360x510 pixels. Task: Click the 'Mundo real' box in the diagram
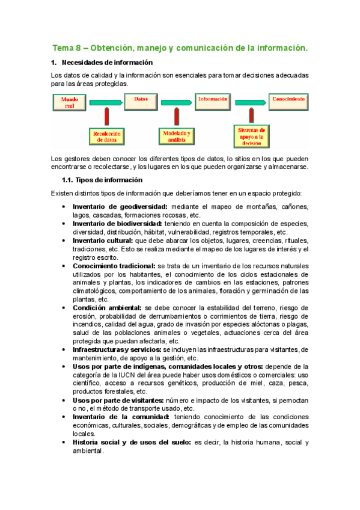pyautogui.click(x=70, y=102)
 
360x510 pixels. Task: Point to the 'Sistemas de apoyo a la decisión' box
pyautogui.click(x=252, y=136)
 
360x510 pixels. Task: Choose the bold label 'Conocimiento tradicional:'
pyautogui.click(x=114, y=266)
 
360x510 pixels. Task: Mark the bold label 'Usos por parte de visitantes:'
pyautogui.click(x=117, y=400)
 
